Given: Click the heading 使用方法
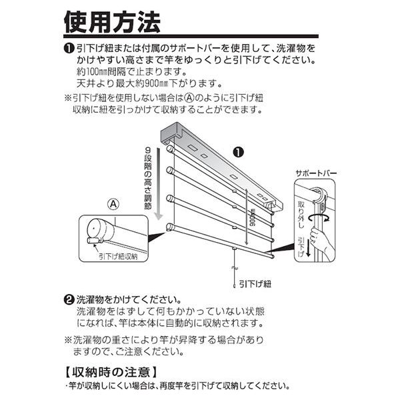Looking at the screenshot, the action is (x=112, y=22).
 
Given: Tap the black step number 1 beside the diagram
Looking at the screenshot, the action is (x=239, y=152).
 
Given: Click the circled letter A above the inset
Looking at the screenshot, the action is (x=114, y=205).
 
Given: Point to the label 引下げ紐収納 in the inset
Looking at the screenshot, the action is (x=118, y=257).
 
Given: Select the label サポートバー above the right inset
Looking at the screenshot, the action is (x=316, y=173).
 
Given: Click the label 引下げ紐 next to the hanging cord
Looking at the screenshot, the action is (x=255, y=284).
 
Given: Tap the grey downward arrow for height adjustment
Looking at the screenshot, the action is (x=159, y=183).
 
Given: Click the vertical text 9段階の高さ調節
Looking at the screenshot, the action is (x=148, y=178).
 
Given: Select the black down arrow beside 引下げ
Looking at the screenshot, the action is (x=308, y=248).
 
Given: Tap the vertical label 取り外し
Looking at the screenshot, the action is (x=301, y=214).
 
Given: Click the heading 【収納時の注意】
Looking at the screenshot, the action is (x=111, y=372).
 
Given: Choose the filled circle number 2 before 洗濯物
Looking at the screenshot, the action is (x=69, y=299).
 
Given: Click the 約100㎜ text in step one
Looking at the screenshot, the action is (x=92, y=72).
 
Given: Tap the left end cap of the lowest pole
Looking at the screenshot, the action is (x=170, y=227).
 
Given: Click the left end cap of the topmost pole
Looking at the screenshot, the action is (x=170, y=149).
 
